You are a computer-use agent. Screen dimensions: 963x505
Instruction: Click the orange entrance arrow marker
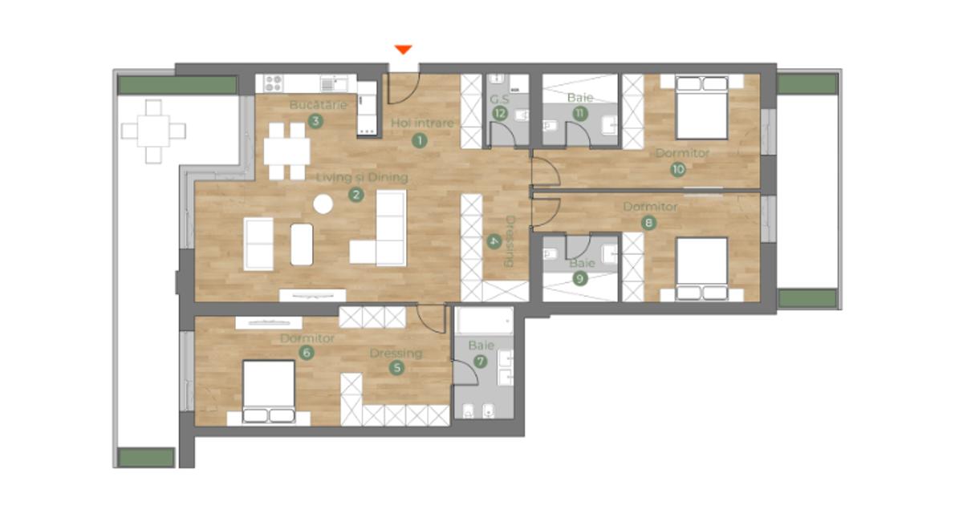[403, 50]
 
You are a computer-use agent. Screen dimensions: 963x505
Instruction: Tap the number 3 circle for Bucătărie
[315, 121]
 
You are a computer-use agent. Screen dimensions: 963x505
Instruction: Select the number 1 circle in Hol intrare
[420, 140]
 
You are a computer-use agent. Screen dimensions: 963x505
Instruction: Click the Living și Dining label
[362, 177]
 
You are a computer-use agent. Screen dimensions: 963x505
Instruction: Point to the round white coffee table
[323, 204]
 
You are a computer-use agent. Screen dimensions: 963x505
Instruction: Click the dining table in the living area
[286, 151]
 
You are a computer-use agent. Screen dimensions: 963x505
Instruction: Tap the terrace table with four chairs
[153, 131]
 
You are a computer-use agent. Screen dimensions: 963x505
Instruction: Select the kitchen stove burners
[274, 83]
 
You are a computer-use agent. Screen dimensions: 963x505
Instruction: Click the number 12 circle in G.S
[500, 113]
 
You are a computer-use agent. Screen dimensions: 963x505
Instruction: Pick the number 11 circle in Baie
[580, 113]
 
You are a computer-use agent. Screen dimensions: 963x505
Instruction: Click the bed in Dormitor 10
[701, 107]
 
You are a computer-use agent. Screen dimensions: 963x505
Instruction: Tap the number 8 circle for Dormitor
[648, 223]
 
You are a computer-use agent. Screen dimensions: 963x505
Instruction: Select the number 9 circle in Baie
[579, 279]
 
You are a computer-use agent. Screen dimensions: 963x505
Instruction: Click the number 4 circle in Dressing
[494, 241]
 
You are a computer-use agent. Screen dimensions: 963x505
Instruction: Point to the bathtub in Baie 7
[485, 321]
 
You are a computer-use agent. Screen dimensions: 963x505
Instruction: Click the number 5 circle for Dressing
[396, 368]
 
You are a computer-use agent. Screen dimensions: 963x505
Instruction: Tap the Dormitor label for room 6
[307, 338]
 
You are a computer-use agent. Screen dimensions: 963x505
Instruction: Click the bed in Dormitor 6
[269, 392]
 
